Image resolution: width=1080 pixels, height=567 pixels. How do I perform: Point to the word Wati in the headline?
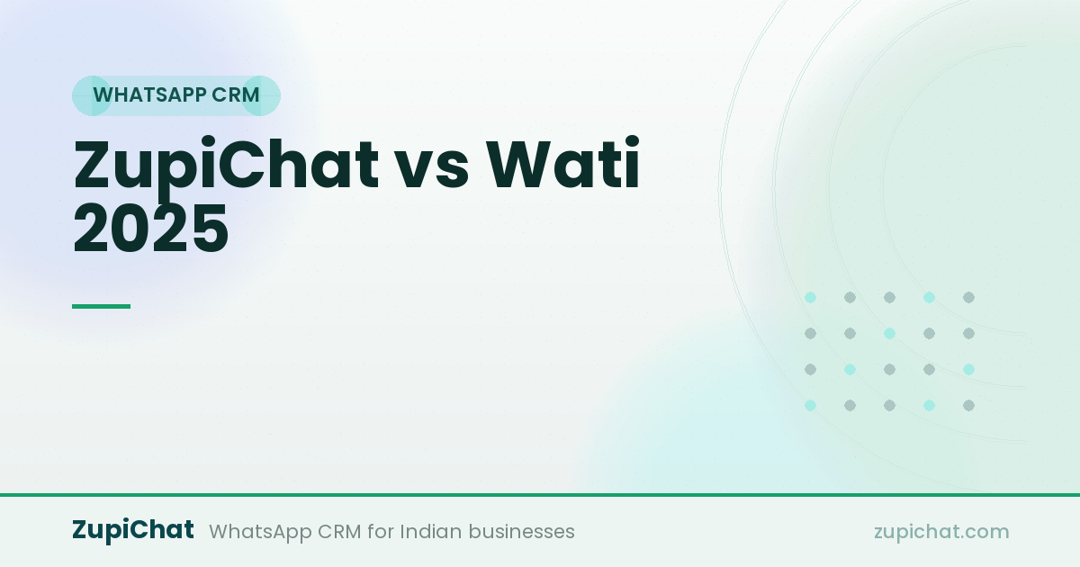pos(562,163)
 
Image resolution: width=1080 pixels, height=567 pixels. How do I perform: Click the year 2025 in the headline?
pos(151,228)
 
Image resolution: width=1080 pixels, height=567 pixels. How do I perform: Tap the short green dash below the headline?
pos(101,306)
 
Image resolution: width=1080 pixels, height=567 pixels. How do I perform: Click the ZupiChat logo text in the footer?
pos(133,530)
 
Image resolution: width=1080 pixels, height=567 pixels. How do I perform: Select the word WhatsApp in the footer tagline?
pos(260,532)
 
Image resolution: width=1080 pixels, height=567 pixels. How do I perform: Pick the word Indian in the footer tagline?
pos(431,531)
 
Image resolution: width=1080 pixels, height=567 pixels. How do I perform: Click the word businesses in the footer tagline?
pos(522,531)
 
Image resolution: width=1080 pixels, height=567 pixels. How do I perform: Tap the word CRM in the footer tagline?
pos(339,532)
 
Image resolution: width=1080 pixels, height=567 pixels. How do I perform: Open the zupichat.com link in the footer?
pos(941,531)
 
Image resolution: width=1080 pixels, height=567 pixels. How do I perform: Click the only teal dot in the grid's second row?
pos(889,333)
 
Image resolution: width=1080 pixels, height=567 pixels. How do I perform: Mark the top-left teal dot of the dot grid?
pos(811,298)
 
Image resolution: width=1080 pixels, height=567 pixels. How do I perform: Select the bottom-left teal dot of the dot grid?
pos(811,406)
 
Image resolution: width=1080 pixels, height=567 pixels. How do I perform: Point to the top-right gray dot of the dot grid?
pos(968,298)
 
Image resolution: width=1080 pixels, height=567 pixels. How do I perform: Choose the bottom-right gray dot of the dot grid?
pos(968,406)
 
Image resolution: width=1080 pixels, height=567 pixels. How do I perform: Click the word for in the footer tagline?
pos(381,531)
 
